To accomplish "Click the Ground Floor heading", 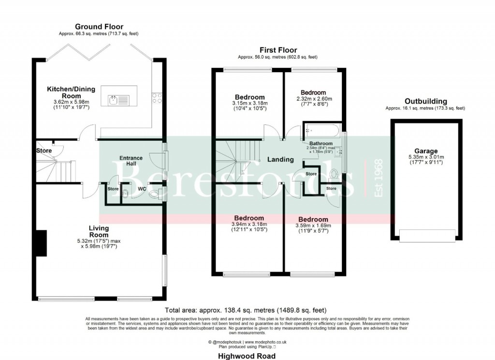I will click(99, 27).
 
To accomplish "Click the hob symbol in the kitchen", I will click(157, 99).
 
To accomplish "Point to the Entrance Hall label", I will click(131, 161).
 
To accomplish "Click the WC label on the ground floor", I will click(142, 189).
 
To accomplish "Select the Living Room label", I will click(99, 231).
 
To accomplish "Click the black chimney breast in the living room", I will click(41, 243).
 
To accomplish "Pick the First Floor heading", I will click(278, 50).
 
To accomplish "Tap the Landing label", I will click(280, 159).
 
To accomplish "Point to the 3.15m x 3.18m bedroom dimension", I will click(250, 104).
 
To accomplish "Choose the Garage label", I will click(426, 150).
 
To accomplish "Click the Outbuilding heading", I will click(425, 101).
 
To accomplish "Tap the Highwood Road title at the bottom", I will click(247, 356).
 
